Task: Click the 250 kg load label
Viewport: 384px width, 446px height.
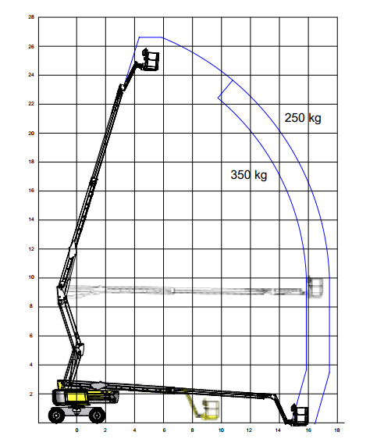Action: (303, 118)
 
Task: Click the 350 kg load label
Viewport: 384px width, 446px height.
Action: (249, 175)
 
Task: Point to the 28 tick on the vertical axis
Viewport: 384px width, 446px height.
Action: (31, 17)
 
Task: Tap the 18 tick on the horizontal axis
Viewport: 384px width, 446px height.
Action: (337, 430)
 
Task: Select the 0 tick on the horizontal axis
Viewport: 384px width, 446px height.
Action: (76, 430)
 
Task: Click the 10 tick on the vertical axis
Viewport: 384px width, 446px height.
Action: (31, 277)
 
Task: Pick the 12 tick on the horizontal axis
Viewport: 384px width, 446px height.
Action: (249, 430)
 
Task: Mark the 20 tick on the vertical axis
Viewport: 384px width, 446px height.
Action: (31, 133)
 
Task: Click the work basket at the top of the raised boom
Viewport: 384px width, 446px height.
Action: (151, 59)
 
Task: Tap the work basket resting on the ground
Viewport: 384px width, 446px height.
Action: (300, 415)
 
